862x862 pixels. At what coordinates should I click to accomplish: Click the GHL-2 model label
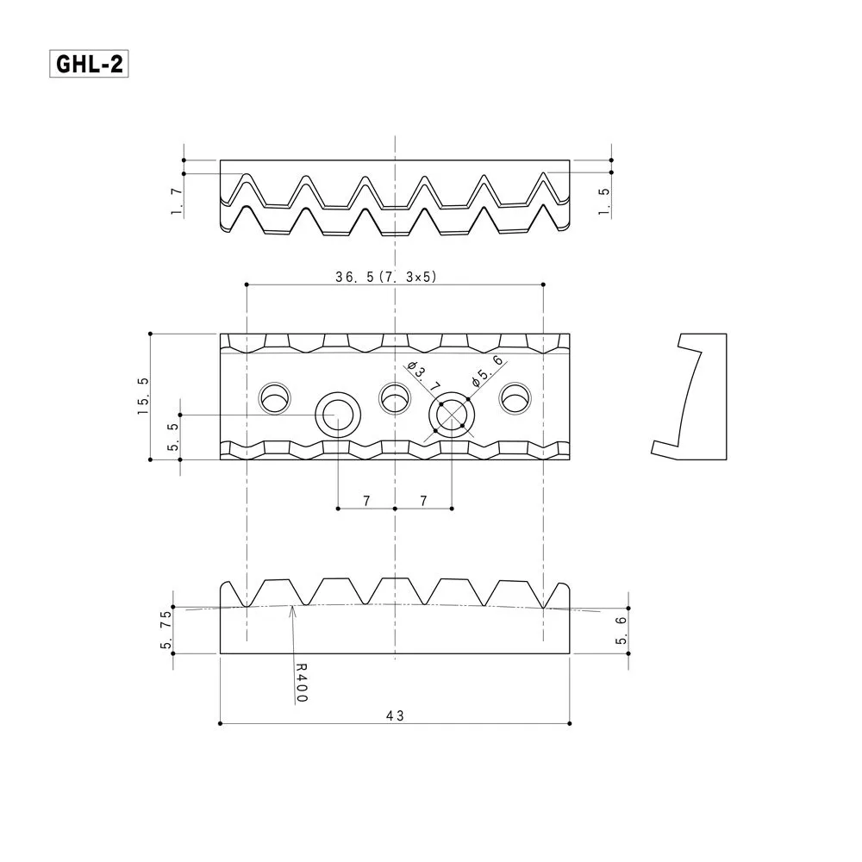point(89,65)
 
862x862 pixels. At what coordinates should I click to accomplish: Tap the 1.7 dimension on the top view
point(176,202)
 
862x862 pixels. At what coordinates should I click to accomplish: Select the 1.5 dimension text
point(604,201)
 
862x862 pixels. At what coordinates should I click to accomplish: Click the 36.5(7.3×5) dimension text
point(385,277)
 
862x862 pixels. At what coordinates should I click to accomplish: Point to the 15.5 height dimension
point(143,397)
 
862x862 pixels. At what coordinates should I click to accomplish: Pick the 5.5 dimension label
point(173,436)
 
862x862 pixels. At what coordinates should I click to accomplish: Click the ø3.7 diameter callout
point(422,378)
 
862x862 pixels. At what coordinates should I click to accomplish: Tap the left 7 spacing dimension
point(366,500)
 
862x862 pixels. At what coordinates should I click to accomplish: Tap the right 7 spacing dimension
point(422,500)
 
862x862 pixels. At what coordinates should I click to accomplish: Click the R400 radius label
point(300,682)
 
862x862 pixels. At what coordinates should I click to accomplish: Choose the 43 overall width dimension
point(394,715)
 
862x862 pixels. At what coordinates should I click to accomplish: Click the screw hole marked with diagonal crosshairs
point(451,415)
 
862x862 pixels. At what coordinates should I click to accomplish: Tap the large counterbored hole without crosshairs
point(337,415)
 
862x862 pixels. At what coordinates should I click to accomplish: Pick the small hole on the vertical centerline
point(394,397)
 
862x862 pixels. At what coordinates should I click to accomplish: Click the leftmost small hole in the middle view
point(276,397)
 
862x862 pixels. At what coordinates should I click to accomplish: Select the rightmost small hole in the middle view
point(515,397)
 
